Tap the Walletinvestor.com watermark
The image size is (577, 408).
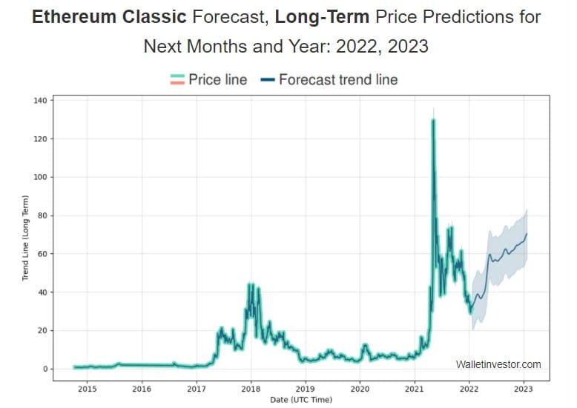[x=498, y=364]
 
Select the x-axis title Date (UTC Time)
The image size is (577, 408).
[x=300, y=401]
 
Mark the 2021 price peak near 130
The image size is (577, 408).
[x=432, y=120]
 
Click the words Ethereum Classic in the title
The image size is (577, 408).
[x=109, y=17]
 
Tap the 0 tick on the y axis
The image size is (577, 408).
[x=47, y=369]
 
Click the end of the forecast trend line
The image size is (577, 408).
[x=527, y=234]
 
